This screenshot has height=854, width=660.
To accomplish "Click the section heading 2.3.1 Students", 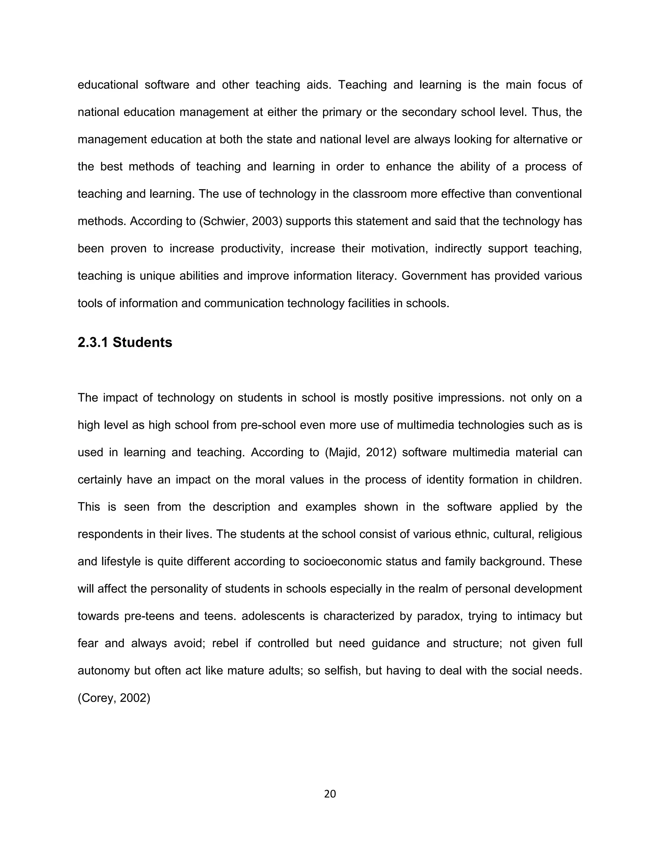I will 125,342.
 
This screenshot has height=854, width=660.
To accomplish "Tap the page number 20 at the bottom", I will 330,794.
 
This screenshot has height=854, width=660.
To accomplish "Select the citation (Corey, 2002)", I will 114,698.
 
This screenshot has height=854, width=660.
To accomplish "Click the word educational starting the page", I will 108,85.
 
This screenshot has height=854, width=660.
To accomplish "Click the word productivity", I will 252,249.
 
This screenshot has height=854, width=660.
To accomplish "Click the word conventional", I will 548,194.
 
